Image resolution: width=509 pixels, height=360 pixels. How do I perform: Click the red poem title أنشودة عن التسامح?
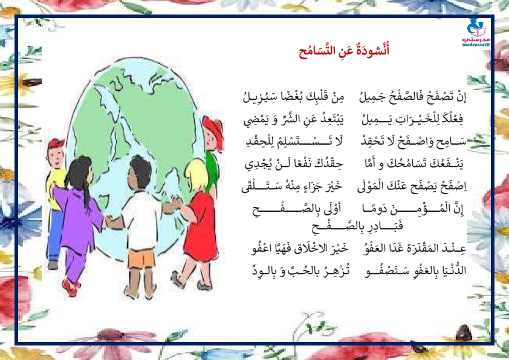(344, 51)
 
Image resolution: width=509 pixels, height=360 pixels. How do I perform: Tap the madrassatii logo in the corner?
(476, 33)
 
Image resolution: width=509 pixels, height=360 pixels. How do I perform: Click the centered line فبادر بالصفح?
(357, 226)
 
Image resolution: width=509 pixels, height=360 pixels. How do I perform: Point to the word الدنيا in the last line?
(454, 270)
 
